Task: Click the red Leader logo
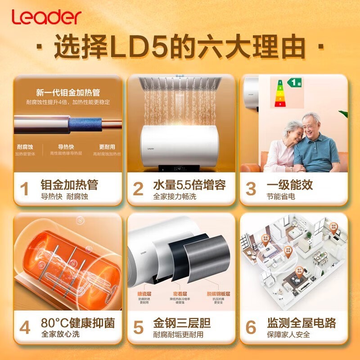click(46, 17)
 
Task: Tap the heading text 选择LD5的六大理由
click(180, 47)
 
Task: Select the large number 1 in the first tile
click(25, 189)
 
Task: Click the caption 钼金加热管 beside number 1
click(69, 185)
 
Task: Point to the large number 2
click(138, 189)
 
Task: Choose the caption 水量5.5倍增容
click(189, 185)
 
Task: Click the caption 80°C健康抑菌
click(77, 323)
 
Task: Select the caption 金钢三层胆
click(182, 323)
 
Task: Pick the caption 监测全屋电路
click(301, 323)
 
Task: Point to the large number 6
click(251, 327)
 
